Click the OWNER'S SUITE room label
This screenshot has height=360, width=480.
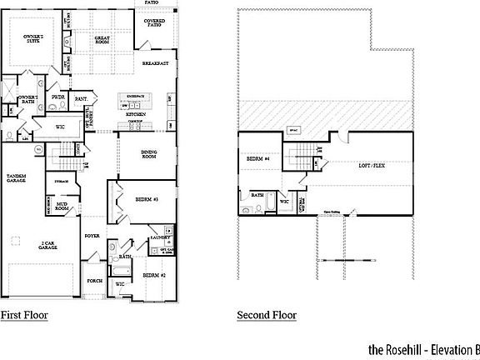(x=33, y=39)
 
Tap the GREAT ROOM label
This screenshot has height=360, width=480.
(x=102, y=39)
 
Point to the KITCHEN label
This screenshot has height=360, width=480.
(x=137, y=114)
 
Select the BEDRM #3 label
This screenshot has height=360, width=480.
(x=147, y=200)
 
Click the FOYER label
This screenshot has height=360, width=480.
(x=92, y=237)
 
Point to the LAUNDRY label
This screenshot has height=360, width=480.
(x=160, y=238)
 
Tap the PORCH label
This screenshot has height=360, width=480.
(x=94, y=281)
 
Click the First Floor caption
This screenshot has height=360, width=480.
(x=23, y=315)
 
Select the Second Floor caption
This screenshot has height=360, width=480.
(x=267, y=315)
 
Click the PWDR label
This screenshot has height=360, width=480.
(x=58, y=98)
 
